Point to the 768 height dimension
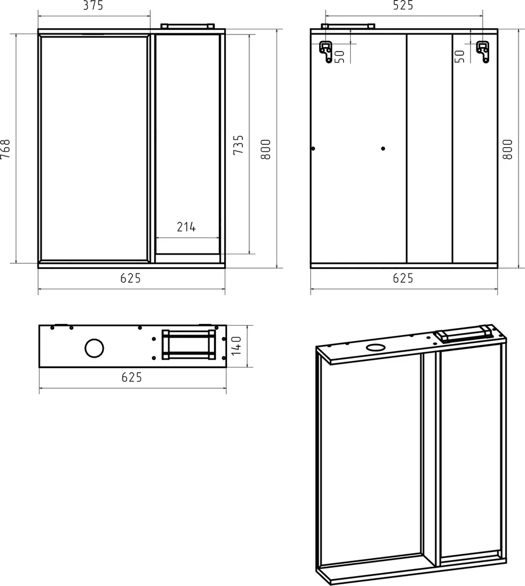[x=6, y=149]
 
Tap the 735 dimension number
[x=239, y=145]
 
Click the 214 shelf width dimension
[x=186, y=227]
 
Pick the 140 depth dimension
[x=237, y=347]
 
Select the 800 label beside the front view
[x=266, y=149]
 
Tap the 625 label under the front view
[x=131, y=279]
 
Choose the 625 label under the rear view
[x=403, y=279]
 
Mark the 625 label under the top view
[x=131, y=378]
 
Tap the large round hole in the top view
[x=93, y=348]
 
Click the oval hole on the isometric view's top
[x=374, y=347]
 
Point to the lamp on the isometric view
[x=463, y=333]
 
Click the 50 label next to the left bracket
[x=339, y=56]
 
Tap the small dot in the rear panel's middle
[x=383, y=148]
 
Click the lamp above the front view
[x=187, y=26]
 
